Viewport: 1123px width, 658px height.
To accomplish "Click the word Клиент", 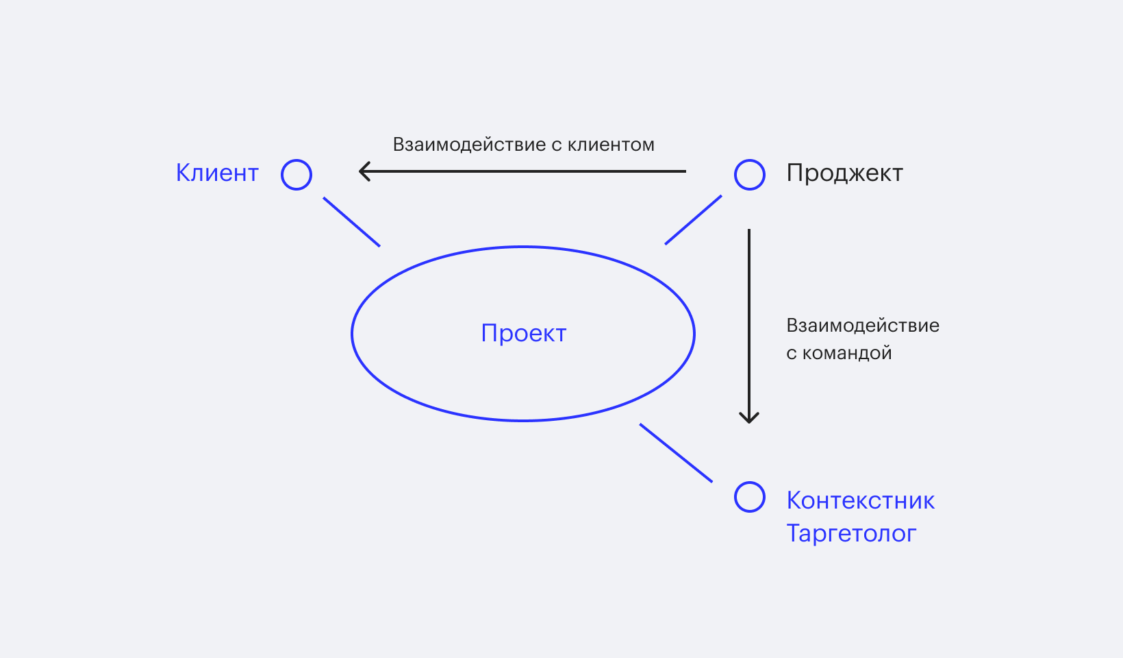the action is click(217, 173).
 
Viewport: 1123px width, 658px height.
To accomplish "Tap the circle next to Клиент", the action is click(296, 175).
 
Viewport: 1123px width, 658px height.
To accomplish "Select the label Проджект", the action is click(844, 173).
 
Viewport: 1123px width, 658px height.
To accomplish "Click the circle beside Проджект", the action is click(750, 175).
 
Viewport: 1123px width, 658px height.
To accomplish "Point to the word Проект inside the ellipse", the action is click(524, 333).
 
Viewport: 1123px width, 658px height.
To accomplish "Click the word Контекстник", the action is click(860, 500).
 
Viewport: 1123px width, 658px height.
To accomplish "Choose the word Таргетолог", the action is click(851, 533).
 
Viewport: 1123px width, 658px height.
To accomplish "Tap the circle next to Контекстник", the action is click(750, 497).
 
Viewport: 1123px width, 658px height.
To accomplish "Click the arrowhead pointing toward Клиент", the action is click(364, 171).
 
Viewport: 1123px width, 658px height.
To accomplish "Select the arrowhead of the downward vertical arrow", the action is click(749, 417).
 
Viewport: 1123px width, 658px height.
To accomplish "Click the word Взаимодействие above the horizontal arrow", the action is click(469, 145).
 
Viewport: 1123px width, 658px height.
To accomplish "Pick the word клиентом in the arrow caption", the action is click(611, 145).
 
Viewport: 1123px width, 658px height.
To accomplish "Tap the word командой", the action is click(847, 353).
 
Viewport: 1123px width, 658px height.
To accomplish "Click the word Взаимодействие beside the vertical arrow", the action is click(863, 326).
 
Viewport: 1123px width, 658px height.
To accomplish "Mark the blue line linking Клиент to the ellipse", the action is click(351, 222).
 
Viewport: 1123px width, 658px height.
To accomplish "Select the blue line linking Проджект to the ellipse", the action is click(693, 220).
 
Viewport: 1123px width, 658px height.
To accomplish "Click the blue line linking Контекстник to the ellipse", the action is click(676, 452).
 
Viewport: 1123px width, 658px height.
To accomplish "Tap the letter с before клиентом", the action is click(556, 145).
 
